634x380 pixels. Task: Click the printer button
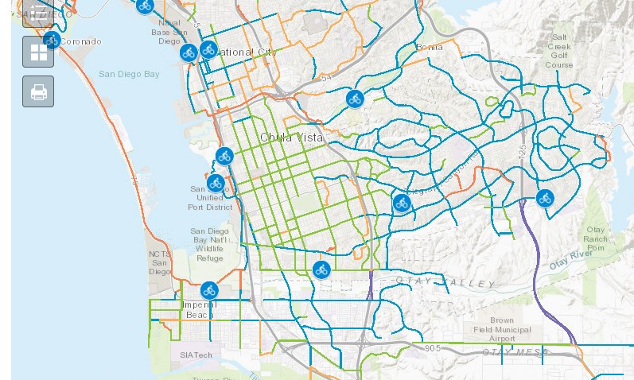pyautogui.click(x=38, y=91)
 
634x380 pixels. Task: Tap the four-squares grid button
pyautogui.click(x=38, y=52)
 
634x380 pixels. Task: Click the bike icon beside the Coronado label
pyautogui.click(x=53, y=40)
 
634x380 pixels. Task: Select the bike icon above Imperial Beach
pyautogui.click(x=209, y=290)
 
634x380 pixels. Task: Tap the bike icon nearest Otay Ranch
pyautogui.click(x=545, y=198)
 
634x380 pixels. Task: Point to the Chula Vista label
pyautogui.click(x=292, y=138)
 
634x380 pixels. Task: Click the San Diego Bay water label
pyautogui.click(x=129, y=74)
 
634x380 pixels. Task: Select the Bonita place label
pyautogui.click(x=429, y=47)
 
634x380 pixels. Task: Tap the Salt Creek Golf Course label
pyautogui.click(x=559, y=51)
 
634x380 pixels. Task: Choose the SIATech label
pyautogui.click(x=196, y=355)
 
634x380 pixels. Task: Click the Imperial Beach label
pyautogui.click(x=199, y=309)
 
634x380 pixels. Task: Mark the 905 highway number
pyautogui.click(x=433, y=347)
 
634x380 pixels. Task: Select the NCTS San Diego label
pyautogui.click(x=159, y=262)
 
